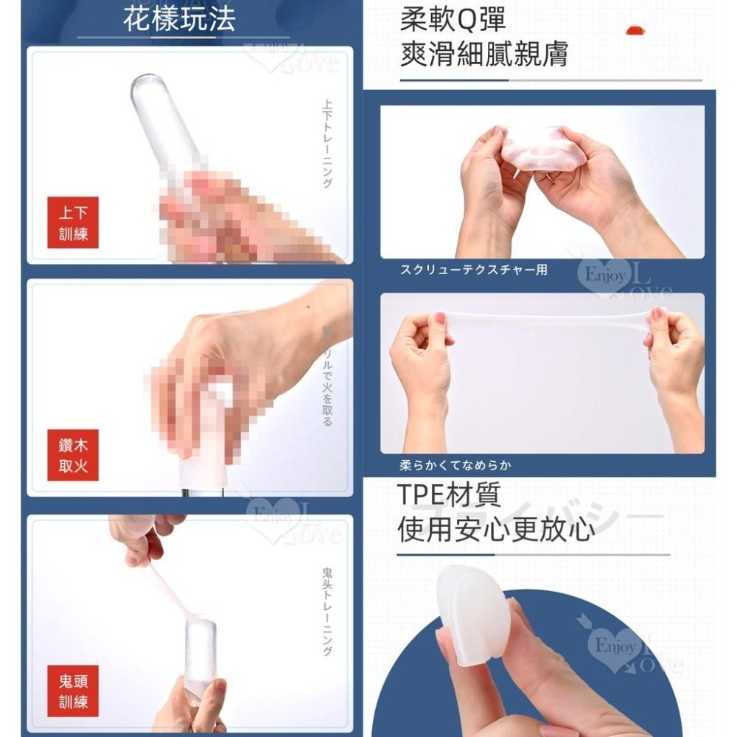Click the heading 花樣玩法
179,19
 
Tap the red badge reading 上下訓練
73,223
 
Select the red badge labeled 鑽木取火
73,455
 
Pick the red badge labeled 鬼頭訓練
73,691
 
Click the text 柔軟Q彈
453,20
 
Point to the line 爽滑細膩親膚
483,55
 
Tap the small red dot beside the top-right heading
632,30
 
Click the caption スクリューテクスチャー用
474,270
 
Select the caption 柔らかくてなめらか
455,466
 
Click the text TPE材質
449,495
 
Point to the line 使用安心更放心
495,529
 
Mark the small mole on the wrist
307,307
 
